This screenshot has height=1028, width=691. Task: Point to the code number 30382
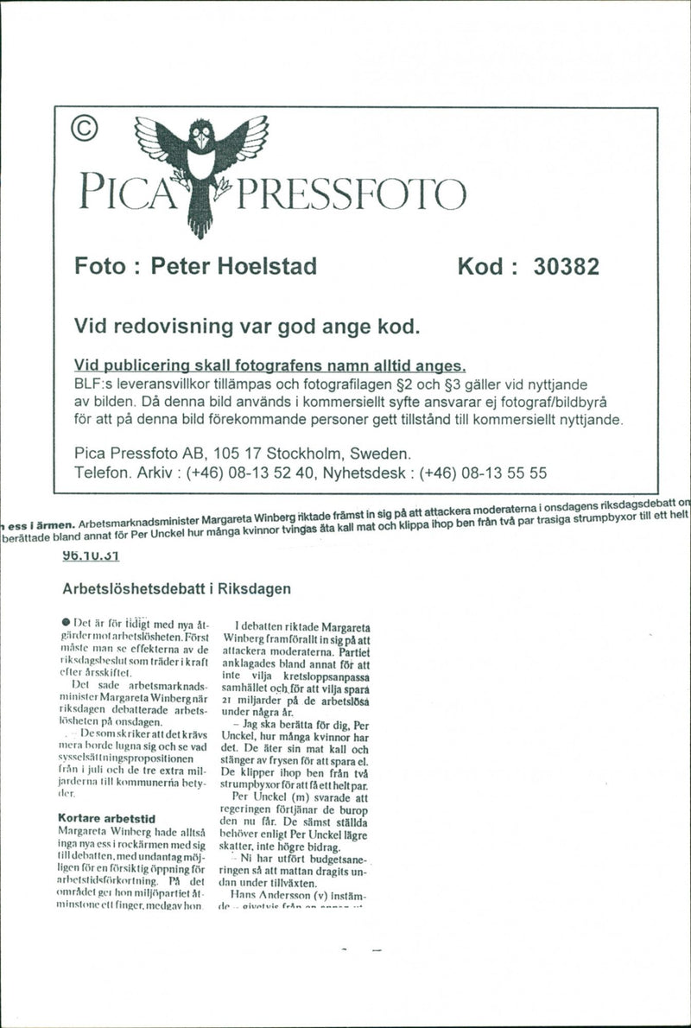pos(566,266)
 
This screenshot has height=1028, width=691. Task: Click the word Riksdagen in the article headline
pos(258,589)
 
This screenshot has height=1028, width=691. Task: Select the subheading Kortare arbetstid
pos(106,816)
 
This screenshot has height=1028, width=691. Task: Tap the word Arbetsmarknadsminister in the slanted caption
pos(138,523)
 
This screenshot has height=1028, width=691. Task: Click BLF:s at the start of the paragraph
pos(94,384)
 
